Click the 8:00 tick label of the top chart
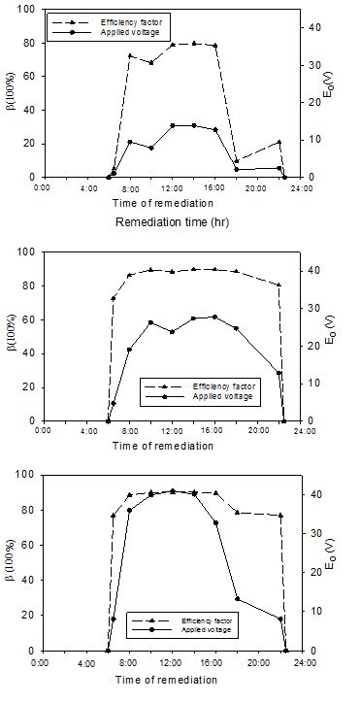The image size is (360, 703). [129, 188]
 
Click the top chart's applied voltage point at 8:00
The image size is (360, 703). [130, 142]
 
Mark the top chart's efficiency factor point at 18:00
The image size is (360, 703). [236, 161]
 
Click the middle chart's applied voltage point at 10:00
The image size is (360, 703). [150, 322]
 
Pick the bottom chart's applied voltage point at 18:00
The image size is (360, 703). [237, 599]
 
